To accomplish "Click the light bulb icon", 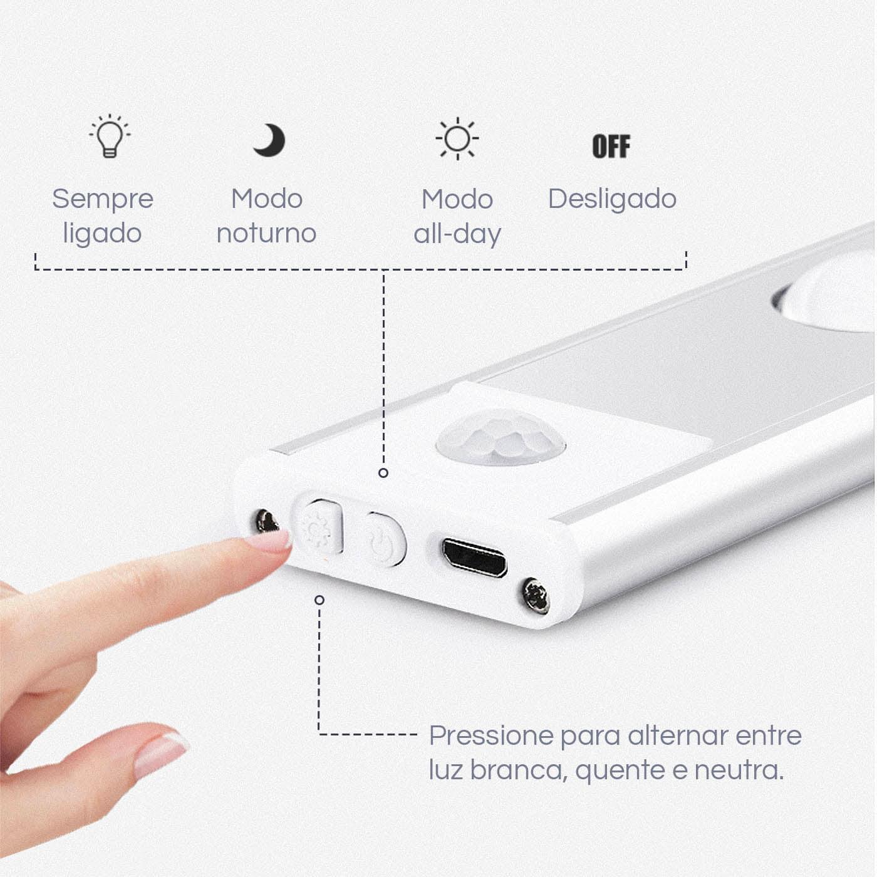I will tap(110, 136).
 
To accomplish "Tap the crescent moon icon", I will tap(269, 140).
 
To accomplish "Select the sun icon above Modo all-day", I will tap(457, 138).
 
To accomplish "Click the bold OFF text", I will tap(611, 147).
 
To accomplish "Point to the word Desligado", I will tap(612, 199).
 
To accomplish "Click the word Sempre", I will tap(103, 199).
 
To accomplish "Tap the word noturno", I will tap(266, 234).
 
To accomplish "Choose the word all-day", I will tap(457, 234).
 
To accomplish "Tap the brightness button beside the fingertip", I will tap(319, 527).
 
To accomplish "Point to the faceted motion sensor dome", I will tap(501, 437).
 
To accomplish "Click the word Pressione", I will tap(492, 736).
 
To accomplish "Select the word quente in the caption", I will tap(620, 771).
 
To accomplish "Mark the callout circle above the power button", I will tap(383, 473).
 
